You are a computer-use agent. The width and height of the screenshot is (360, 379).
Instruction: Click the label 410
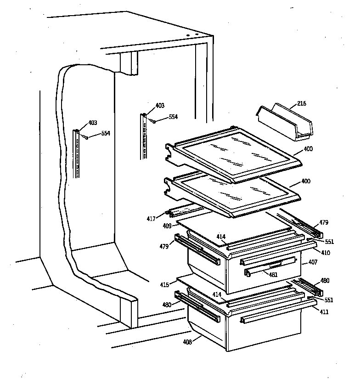pyautogui.click(x=325, y=253)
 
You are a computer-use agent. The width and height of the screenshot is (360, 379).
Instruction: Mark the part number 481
pyautogui.click(x=273, y=275)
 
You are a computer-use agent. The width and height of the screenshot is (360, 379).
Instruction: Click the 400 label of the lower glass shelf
pyautogui.click(x=305, y=181)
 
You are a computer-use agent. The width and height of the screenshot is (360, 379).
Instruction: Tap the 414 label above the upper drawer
pyautogui.click(x=221, y=237)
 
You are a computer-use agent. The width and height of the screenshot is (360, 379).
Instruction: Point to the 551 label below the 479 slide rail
pyautogui.click(x=329, y=242)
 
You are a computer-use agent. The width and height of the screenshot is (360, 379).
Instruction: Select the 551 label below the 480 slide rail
pyautogui.click(x=328, y=300)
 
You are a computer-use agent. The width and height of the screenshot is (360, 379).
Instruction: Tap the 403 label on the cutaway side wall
pyautogui.click(x=92, y=123)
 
